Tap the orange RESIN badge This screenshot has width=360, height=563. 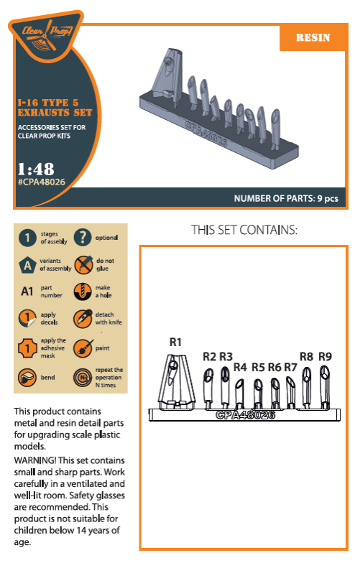tap(313, 37)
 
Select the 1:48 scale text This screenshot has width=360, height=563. tap(36, 169)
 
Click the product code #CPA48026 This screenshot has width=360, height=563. tap(40, 182)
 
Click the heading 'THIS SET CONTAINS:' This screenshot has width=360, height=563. tap(244, 231)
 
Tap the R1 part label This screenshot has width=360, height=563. tap(175, 342)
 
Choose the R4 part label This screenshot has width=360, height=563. tap(240, 367)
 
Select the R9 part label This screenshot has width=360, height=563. tap(325, 356)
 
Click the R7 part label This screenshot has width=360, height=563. tap(290, 367)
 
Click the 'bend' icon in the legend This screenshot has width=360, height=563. tap(27, 376)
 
